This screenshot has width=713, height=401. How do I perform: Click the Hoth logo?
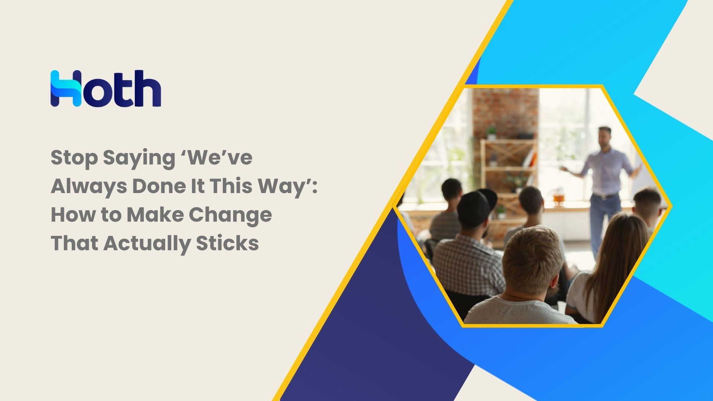pyautogui.click(x=106, y=88)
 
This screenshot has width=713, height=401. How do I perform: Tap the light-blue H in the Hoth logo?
pyautogui.click(x=66, y=88)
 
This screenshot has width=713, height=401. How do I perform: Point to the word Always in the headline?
pyautogui.click(x=89, y=187)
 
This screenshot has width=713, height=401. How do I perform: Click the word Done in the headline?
pyautogui.click(x=159, y=186)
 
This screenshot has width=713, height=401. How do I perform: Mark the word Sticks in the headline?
pyautogui.click(x=227, y=243)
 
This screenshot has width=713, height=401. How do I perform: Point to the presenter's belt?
pyautogui.click(x=605, y=196)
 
